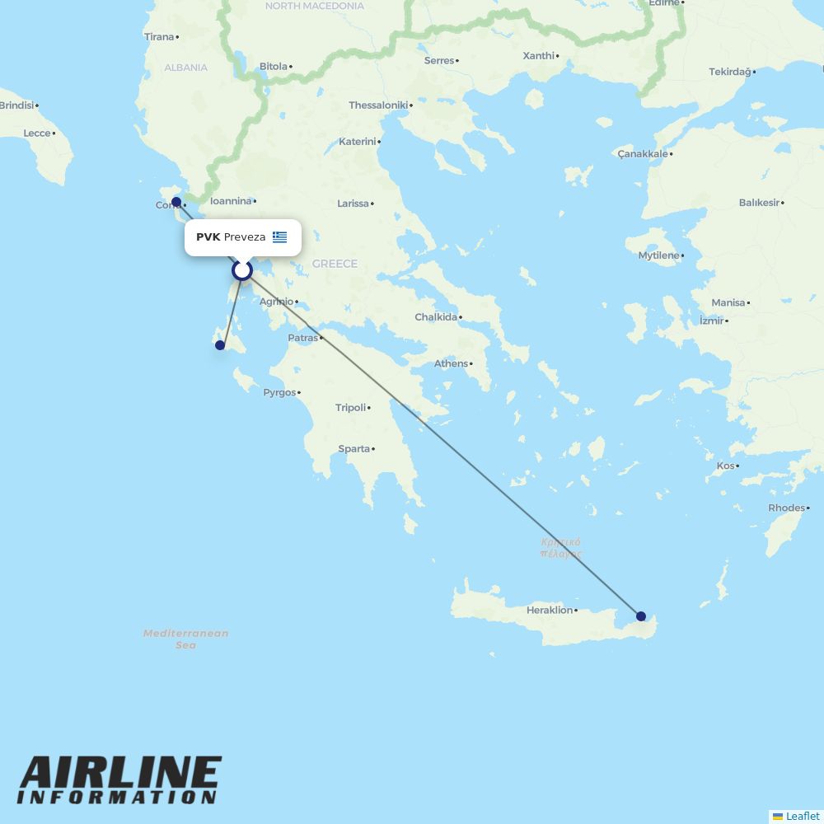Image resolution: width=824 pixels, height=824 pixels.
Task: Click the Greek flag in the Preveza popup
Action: click(280, 237)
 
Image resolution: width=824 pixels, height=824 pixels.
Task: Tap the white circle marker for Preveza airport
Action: click(241, 269)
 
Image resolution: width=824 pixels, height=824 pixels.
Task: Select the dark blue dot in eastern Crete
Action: click(641, 616)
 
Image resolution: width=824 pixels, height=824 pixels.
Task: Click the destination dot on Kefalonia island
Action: click(220, 345)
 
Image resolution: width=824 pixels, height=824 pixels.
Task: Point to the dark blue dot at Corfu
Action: click(176, 201)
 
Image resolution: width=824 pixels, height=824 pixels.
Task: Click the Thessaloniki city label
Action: click(378, 105)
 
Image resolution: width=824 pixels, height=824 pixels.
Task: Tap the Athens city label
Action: click(451, 363)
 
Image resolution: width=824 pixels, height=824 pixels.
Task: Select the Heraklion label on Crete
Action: click(550, 611)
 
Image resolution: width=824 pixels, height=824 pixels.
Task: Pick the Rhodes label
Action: click(785, 508)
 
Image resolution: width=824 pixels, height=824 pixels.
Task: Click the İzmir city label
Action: click(711, 321)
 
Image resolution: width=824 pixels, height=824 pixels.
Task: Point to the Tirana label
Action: click(159, 37)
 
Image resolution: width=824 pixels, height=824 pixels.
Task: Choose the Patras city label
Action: click(302, 338)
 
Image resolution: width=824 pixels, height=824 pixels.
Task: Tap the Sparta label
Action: click(353, 449)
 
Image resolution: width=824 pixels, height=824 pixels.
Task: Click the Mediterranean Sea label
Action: click(185, 639)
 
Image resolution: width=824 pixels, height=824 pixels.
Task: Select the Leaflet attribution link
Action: click(802, 816)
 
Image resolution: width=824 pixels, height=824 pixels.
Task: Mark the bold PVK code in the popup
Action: click(208, 237)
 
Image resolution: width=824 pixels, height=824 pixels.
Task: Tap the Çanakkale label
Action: click(642, 154)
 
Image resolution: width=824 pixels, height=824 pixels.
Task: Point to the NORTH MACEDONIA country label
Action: click(314, 6)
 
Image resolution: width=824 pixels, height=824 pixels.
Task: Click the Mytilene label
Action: click(658, 255)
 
